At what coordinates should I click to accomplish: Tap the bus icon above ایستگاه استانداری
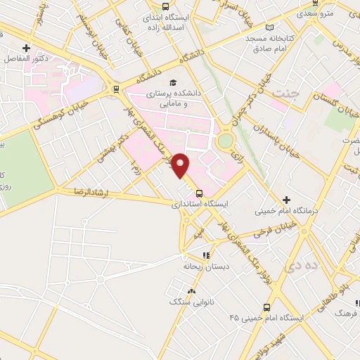(199, 193)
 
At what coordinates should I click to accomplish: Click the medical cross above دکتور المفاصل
(26, 48)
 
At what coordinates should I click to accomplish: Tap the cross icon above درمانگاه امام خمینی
(286, 200)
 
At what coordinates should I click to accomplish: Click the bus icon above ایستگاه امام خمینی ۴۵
(266, 307)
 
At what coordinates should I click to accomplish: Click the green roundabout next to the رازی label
(225, 141)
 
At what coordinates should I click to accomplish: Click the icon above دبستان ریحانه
(205, 256)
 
